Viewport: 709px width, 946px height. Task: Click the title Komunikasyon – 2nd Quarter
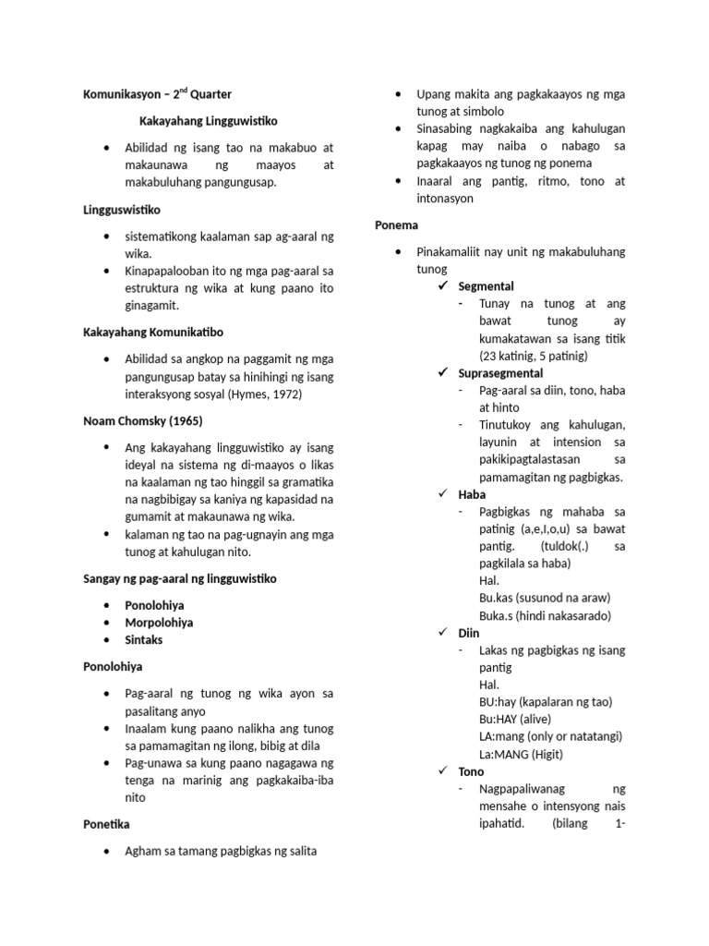(x=157, y=94)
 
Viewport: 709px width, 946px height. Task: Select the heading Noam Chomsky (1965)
(x=142, y=421)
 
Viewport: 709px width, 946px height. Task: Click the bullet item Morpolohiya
(x=159, y=623)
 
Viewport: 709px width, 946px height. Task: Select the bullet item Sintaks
(x=146, y=639)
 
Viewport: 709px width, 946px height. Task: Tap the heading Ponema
(x=396, y=224)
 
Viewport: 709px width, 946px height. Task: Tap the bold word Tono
(x=471, y=771)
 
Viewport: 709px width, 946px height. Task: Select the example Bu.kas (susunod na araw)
(x=545, y=598)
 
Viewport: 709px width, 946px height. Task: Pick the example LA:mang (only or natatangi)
(x=551, y=736)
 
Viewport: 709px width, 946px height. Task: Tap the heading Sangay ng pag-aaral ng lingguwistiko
(x=180, y=578)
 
